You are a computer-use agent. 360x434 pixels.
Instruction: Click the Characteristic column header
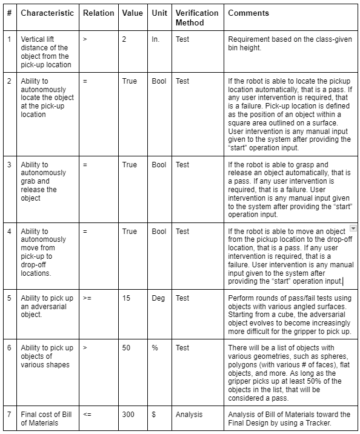pos(47,13)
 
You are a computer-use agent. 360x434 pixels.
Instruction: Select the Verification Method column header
pos(196,18)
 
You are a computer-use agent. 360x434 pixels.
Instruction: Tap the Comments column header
pos(248,13)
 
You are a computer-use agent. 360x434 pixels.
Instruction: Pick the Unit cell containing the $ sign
pos(154,415)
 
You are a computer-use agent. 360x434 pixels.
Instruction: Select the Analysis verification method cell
pos(189,415)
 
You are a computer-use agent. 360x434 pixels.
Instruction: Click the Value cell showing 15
pos(126,298)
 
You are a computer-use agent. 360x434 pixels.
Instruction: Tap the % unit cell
pos(155,348)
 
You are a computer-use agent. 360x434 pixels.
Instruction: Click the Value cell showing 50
pos(126,348)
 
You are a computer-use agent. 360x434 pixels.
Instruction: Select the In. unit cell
pos(156,39)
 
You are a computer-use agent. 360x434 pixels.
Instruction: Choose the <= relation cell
pos(87,415)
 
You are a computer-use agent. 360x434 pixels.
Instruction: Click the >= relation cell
pos(87,298)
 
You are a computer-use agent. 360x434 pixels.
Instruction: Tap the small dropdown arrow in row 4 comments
pos(353,227)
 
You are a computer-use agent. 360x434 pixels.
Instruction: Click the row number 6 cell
pos(9,348)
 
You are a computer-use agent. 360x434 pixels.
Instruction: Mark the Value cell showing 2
pos(124,39)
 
